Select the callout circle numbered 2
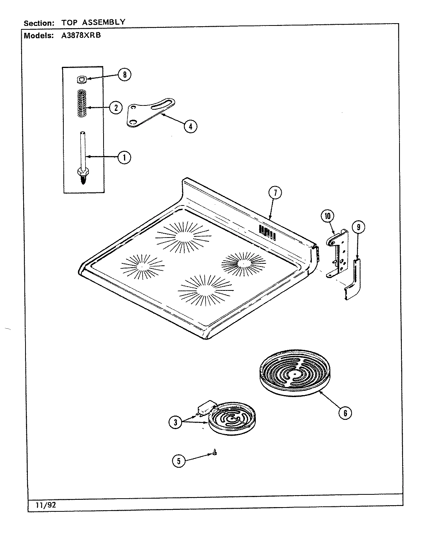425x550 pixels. coord(116,107)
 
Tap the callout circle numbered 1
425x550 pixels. coord(124,157)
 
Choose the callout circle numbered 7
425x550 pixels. coord(275,193)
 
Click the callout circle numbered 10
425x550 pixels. coord(328,216)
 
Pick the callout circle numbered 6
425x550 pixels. coord(345,413)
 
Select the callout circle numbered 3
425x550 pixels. coord(175,423)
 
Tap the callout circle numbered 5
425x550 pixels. coord(178,460)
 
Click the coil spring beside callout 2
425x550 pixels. coord(82,104)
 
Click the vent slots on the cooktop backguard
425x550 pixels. coord(267,232)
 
